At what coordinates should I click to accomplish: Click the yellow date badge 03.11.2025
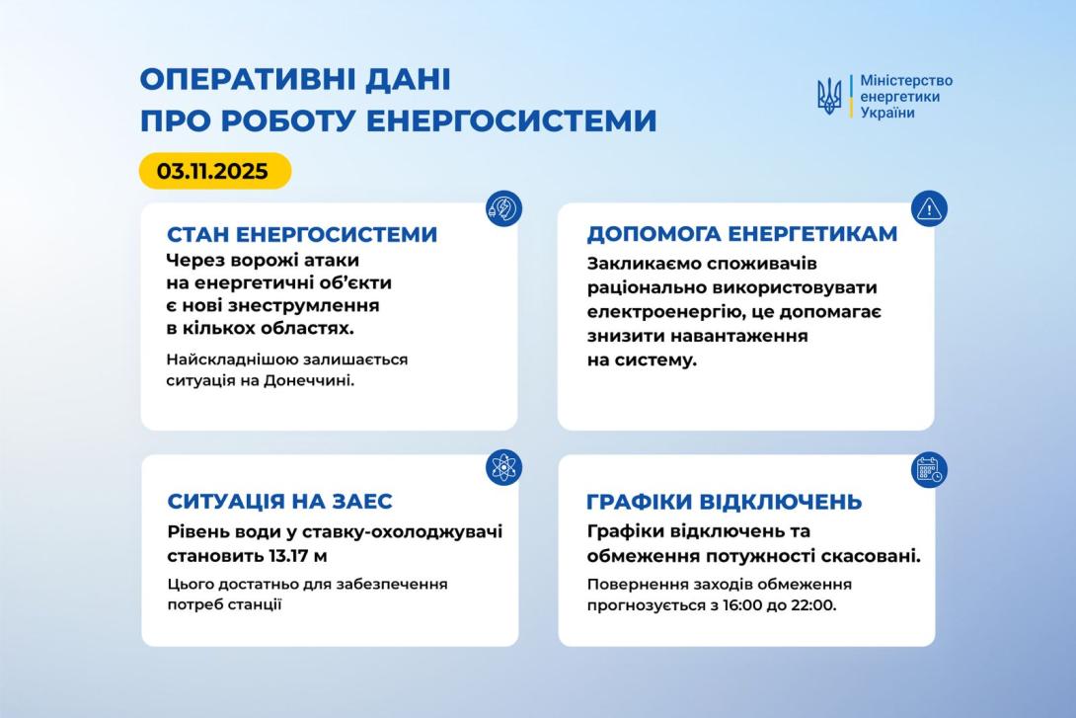tap(214, 171)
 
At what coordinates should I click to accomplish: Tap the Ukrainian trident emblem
tap(829, 97)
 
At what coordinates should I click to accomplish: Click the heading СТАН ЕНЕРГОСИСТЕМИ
tap(302, 235)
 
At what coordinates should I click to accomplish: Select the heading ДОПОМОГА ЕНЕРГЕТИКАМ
tap(742, 234)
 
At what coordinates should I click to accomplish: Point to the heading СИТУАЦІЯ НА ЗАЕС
tap(279, 502)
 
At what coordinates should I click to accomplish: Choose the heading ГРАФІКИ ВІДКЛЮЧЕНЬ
tap(724, 502)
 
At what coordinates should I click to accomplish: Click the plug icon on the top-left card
tap(503, 209)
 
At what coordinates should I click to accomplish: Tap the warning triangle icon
tap(929, 208)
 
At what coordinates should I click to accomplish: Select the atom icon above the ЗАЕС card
tap(503, 467)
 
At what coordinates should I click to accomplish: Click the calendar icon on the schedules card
tap(929, 468)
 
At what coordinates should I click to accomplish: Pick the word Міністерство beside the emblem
tap(906, 81)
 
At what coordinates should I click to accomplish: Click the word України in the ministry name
tap(887, 113)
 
